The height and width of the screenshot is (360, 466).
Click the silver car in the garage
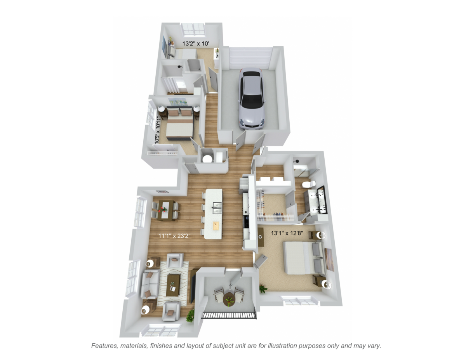[251, 99]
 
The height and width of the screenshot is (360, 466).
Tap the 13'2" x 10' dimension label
[196, 43]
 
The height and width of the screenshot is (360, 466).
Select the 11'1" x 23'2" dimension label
[174, 236]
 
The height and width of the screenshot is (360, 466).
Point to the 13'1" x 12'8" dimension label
[287, 233]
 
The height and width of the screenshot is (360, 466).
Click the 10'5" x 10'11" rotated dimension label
[158, 130]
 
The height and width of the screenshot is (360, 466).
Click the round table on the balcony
[229, 299]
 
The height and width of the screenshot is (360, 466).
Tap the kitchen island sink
[217, 208]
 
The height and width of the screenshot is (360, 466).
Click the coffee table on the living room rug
[173, 286]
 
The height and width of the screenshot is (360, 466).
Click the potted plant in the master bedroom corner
[263, 289]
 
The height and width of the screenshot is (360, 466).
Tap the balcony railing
[230, 315]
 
